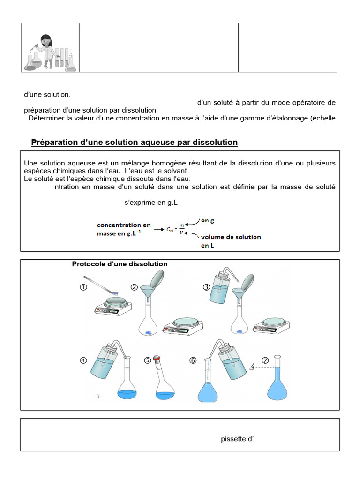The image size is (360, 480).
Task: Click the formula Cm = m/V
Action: (x=175, y=230)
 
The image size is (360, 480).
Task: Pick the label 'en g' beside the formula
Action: (x=208, y=220)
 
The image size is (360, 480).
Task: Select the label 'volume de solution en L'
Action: (x=230, y=241)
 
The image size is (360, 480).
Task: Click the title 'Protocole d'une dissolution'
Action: (x=120, y=264)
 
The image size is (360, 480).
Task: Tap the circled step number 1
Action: (x=83, y=288)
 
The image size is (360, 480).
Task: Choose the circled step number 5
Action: (x=148, y=360)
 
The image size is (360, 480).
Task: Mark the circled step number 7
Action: (x=265, y=360)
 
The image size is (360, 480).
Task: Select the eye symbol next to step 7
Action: (x=253, y=367)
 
